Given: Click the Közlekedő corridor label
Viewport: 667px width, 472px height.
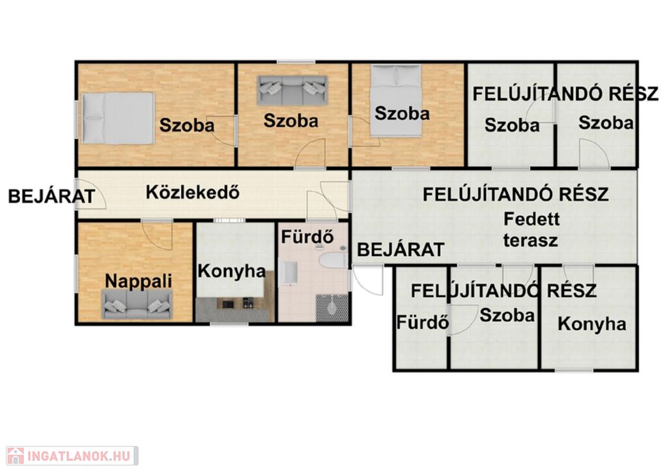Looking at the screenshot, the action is (193, 192).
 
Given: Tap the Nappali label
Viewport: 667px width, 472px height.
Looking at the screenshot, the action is (138, 281).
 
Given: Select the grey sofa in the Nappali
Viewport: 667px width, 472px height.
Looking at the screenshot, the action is (137, 304).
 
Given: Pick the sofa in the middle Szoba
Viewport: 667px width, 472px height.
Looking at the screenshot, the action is (292, 90).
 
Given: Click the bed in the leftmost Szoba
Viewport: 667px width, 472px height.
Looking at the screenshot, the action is (118, 118).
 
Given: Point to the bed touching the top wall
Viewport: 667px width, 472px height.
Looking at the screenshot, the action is (396, 100).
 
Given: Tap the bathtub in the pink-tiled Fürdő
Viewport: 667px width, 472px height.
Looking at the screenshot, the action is (333, 260).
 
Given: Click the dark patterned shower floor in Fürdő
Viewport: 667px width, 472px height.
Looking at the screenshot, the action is (332, 308).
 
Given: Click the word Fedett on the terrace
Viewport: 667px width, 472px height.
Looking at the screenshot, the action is (532, 219).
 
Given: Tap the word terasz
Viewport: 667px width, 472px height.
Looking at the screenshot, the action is (530, 240).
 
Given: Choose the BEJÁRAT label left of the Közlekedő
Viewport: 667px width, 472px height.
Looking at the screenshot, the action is (51, 197).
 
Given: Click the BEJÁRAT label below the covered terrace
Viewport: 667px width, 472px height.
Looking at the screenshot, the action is (401, 249).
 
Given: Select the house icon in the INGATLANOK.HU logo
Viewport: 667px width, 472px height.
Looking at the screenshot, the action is (16, 456).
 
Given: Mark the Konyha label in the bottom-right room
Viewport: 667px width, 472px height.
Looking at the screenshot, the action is (591, 324).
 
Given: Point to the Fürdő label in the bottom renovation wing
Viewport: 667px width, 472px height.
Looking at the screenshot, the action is (422, 322).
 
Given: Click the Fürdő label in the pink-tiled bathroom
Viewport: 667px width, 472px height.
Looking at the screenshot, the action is (307, 237).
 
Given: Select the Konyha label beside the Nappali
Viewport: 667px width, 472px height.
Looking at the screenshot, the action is (232, 271).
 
